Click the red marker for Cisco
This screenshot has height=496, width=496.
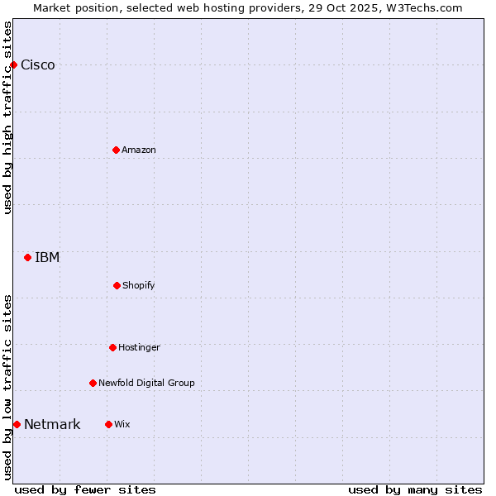pyautogui.click(x=13, y=64)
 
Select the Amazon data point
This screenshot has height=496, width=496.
pyautogui.click(x=116, y=150)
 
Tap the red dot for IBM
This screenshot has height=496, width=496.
pyautogui.click(x=27, y=257)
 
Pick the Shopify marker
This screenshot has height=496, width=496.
pyautogui.click(x=117, y=285)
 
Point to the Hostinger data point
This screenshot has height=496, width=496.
pyautogui.click(x=112, y=347)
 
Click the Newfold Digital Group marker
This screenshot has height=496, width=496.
pyautogui.click(x=93, y=383)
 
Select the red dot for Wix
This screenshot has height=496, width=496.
pyautogui.click(x=108, y=424)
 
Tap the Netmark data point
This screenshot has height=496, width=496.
pyautogui.click(x=17, y=424)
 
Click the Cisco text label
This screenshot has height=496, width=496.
pyautogui.click(x=38, y=65)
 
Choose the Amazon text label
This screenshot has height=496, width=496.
pyautogui.click(x=139, y=150)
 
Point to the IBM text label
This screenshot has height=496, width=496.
pyautogui.click(x=47, y=257)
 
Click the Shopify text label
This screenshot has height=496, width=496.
pyautogui.click(x=139, y=285)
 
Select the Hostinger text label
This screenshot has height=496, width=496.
pyautogui.click(x=139, y=347)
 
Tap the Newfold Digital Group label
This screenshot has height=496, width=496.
pyautogui.click(x=146, y=383)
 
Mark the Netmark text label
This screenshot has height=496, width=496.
pyautogui.click(x=52, y=425)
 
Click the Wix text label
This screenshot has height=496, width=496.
pyautogui.click(x=122, y=424)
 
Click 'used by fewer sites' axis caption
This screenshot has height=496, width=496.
pyautogui.click(x=85, y=489)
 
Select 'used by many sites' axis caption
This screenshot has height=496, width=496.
pyautogui.click(x=415, y=489)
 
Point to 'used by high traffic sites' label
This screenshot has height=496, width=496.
pyautogui.click(x=7, y=117)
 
